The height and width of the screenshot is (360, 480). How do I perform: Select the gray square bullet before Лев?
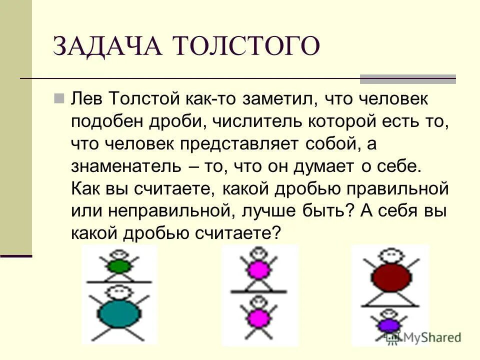pyautogui.click(x=58, y=98)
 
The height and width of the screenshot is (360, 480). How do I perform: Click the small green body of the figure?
pyautogui.click(x=118, y=266)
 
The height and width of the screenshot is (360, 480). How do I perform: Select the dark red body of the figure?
pyautogui.click(x=391, y=278)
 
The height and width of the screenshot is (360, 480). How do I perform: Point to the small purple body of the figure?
pyautogui.click(x=387, y=325)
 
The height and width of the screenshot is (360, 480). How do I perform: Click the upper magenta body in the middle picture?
pyautogui.click(x=258, y=270)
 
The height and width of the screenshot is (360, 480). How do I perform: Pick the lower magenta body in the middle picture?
pyautogui.click(x=258, y=317)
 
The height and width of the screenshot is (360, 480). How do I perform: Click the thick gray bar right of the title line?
pyautogui.click(x=408, y=78)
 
